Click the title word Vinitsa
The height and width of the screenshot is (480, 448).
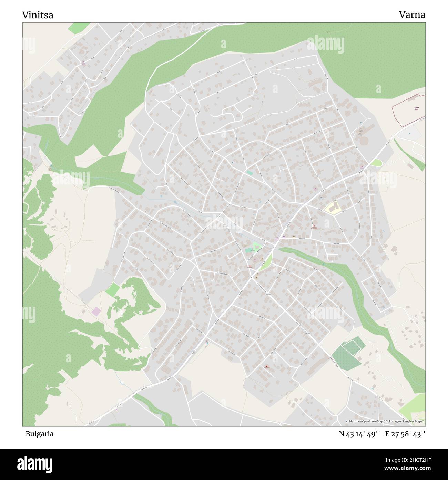click(38, 15)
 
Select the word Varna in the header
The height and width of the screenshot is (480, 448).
click(412, 15)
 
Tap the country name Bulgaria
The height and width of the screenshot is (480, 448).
click(39, 434)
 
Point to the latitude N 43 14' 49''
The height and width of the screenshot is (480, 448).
click(359, 434)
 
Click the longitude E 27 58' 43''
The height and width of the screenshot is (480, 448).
click(405, 434)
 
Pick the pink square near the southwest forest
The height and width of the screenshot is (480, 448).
click(96, 311)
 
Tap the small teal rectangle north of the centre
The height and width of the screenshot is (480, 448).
click(250, 172)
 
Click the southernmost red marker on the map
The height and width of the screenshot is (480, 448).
click(267, 366)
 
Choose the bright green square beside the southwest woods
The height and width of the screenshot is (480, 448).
click(112, 289)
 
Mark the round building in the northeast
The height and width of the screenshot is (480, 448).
click(363, 141)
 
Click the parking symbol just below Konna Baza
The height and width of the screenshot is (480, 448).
click(409, 133)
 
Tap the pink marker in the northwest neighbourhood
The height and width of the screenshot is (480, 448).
click(83, 63)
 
